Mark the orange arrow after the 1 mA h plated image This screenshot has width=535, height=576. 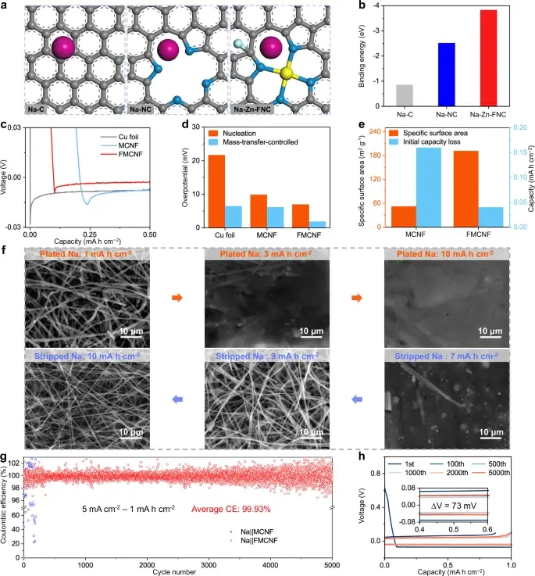tap(177, 298)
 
